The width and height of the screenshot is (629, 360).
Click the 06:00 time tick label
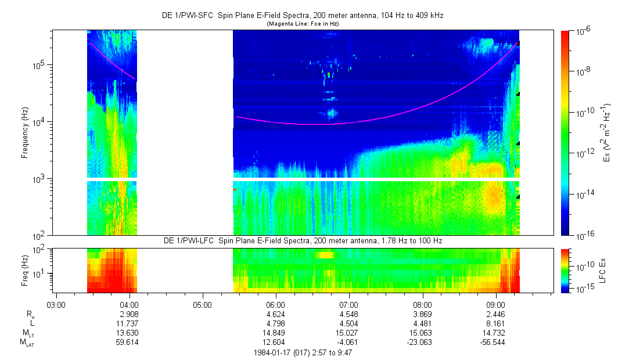pyautogui.click(x=275, y=304)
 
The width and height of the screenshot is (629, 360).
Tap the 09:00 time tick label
pyautogui.click(x=495, y=304)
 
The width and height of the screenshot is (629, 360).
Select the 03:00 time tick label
pyautogui.click(x=55, y=304)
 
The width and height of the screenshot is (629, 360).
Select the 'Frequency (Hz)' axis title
pyautogui.click(x=25, y=133)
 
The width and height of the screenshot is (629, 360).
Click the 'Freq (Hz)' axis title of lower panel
pyautogui.click(x=25, y=270)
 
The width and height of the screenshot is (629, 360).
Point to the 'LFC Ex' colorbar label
pyautogui.click(x=603, y=270)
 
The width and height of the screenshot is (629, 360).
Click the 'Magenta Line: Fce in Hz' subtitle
pyautogui.click(x=303, y=24)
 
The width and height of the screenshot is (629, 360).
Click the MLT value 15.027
pyautogui.click(x=348, y=333)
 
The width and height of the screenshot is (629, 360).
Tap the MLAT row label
pyautogui.click(x=27, y=342)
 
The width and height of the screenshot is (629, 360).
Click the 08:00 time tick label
pyautogui.click(x=422, y=304)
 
